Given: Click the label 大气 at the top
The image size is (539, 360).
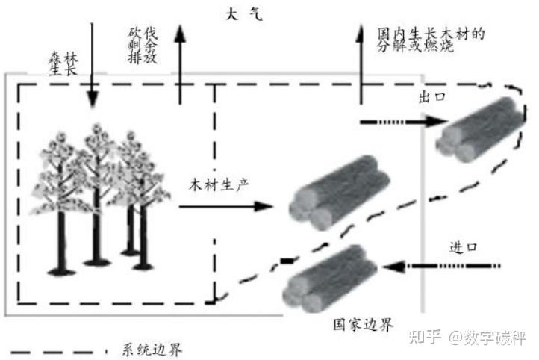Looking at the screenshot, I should point(243,14).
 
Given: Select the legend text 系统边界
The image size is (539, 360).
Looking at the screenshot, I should point(150,348).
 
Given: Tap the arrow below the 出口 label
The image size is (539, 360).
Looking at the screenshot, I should point(396,120).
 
